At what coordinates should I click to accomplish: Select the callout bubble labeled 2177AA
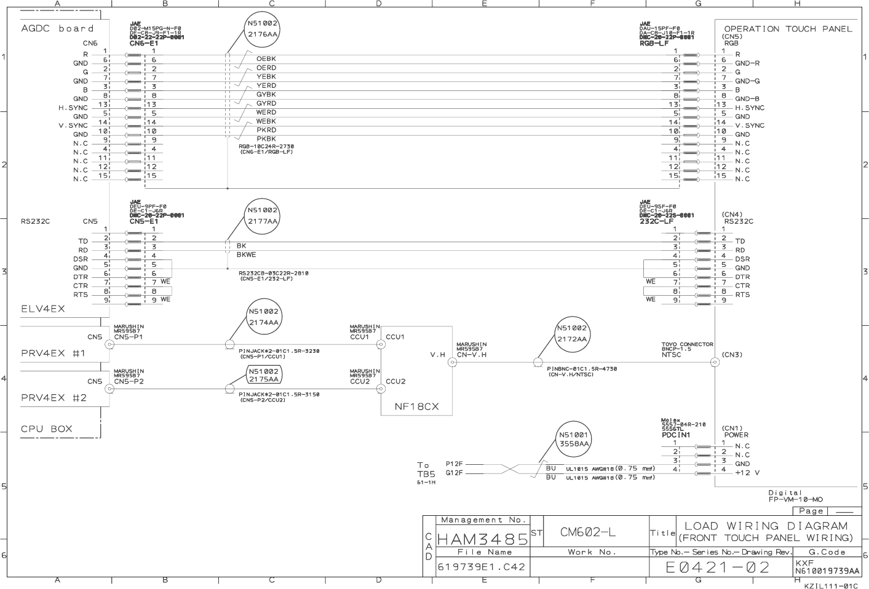[263, 216]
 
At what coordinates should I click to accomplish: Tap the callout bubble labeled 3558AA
[574, 439]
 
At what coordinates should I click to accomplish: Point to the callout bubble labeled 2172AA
[572, 334]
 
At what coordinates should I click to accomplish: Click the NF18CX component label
[416, 406]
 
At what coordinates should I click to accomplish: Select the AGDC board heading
[58, 28]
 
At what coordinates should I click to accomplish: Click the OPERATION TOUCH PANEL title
[788, 28]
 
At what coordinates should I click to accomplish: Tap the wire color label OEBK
[266, 59]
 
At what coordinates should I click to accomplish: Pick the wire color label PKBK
[266, 139]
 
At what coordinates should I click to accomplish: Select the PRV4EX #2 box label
[54, 397]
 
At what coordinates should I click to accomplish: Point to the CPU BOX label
[47, 429]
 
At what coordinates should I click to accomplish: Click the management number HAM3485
[482, 539]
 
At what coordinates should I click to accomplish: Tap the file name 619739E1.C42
[482, 567]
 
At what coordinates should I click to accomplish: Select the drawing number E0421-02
[718, 567]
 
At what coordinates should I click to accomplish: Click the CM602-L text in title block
[587, 532]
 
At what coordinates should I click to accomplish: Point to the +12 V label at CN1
[747, 473]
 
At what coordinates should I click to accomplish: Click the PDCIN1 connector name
[676, 435]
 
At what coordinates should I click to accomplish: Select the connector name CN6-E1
[144, 43]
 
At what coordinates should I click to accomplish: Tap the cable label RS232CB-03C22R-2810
[274, 273]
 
